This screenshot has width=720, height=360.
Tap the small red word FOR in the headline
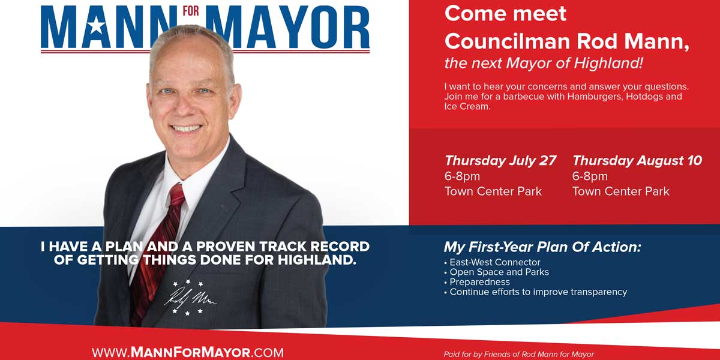pos(191,11)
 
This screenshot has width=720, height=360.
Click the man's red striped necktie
pos(157,254)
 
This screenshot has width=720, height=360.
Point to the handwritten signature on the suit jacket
pos(190,298)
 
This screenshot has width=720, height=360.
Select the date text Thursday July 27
pos(500,161)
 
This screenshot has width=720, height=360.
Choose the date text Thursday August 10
pos(637,161)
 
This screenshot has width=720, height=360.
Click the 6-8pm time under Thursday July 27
pos(462,176)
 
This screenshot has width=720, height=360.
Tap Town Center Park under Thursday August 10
pos(620,191)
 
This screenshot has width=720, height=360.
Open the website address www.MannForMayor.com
pos(188,352)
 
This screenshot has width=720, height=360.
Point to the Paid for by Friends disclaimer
pos(519,354)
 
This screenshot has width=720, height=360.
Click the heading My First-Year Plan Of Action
pos(542,247)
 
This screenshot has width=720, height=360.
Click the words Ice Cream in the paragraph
pos(467,106)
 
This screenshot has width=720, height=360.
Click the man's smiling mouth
pos(186,128)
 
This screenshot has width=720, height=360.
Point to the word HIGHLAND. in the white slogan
pos(317,260)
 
